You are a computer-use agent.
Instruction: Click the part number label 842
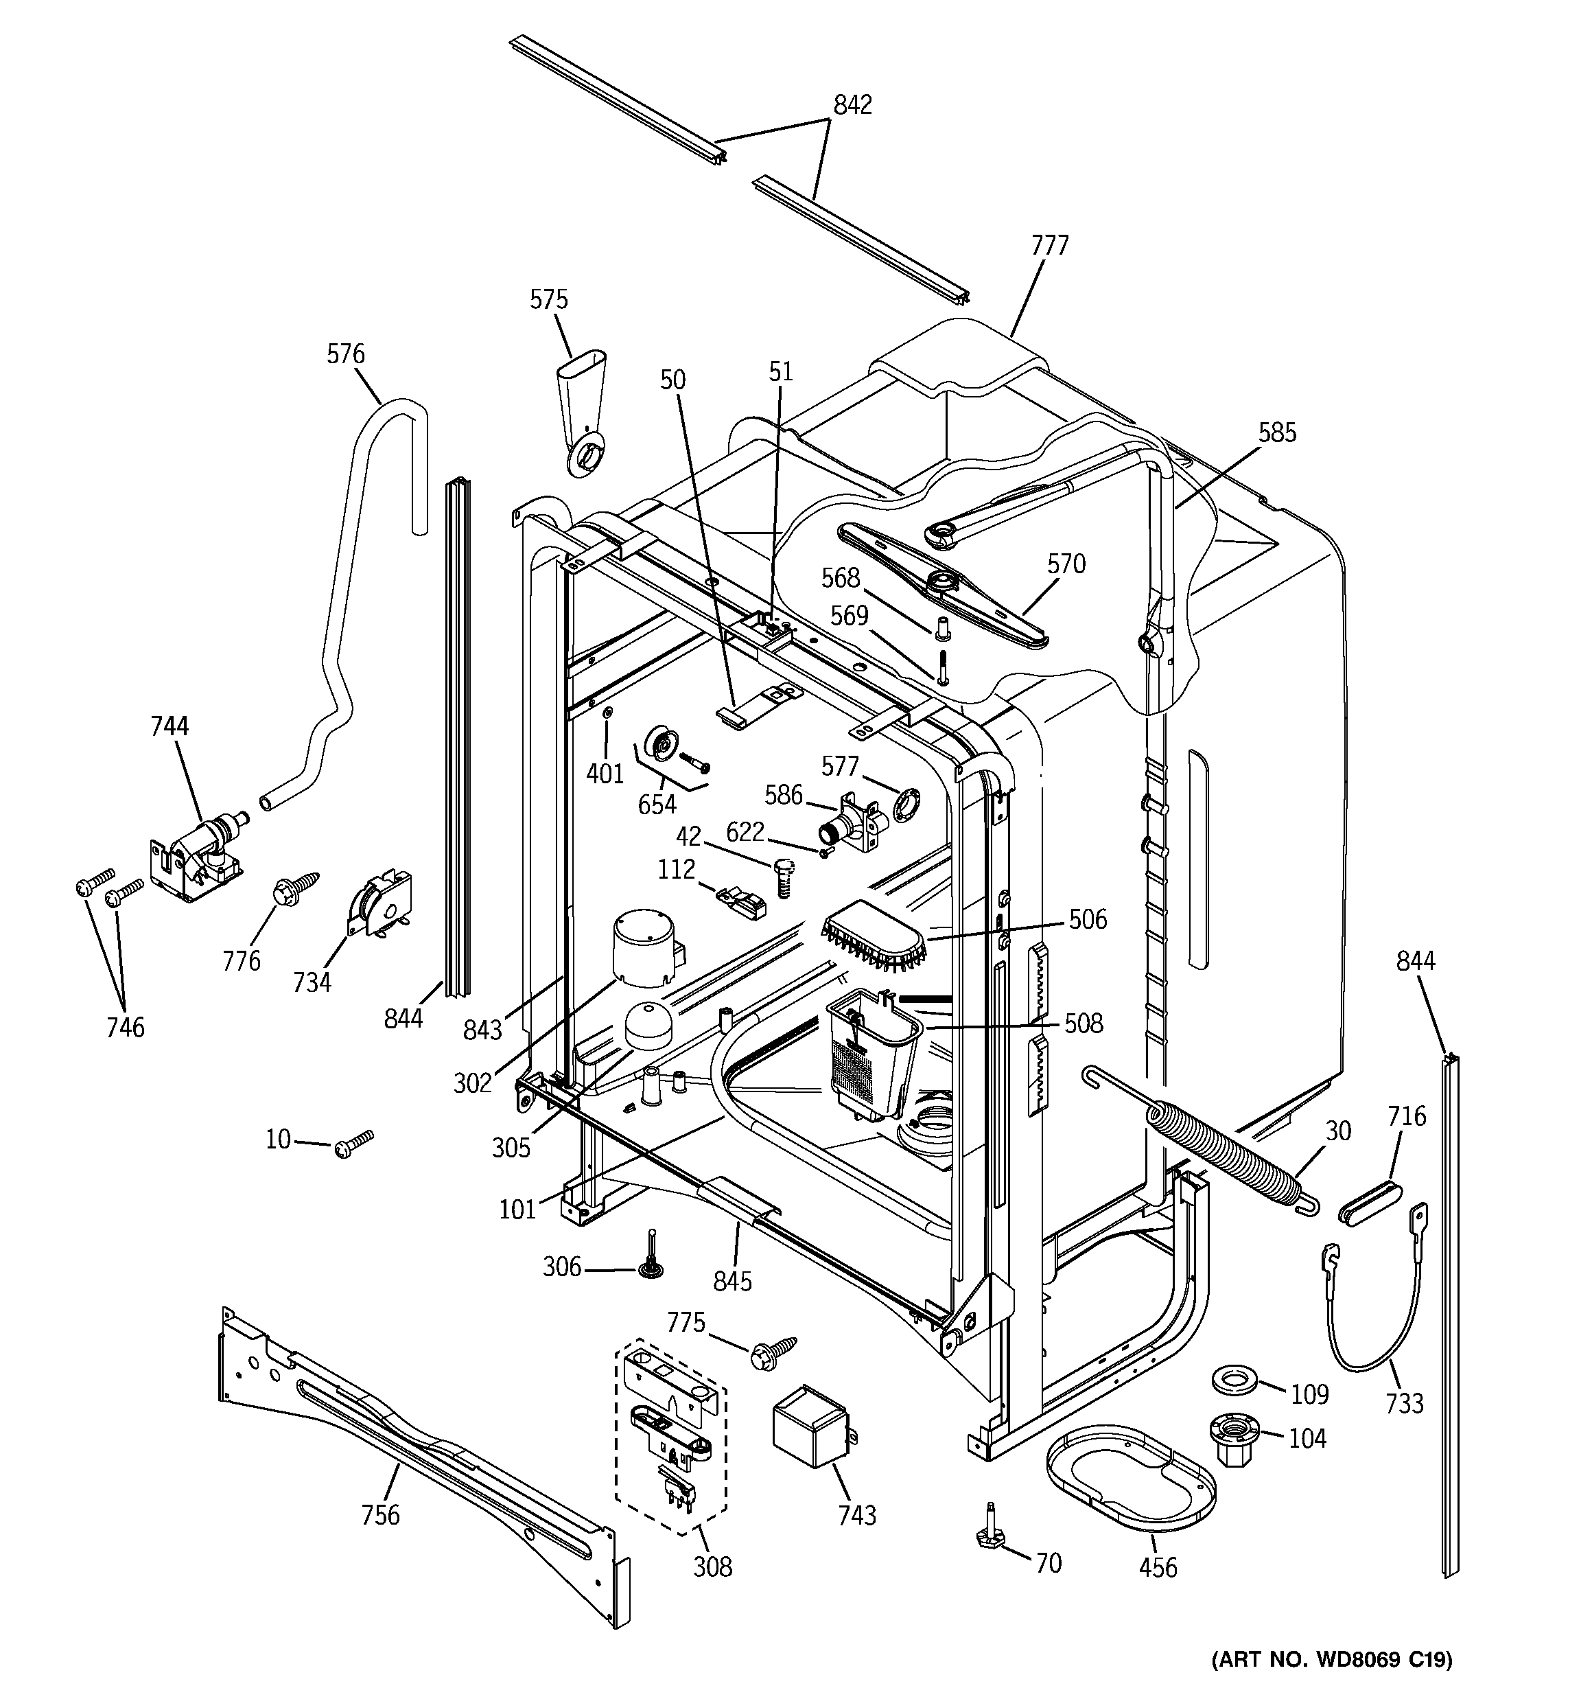852,105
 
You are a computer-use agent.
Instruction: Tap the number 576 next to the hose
345,354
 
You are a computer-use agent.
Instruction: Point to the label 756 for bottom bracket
380,1515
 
